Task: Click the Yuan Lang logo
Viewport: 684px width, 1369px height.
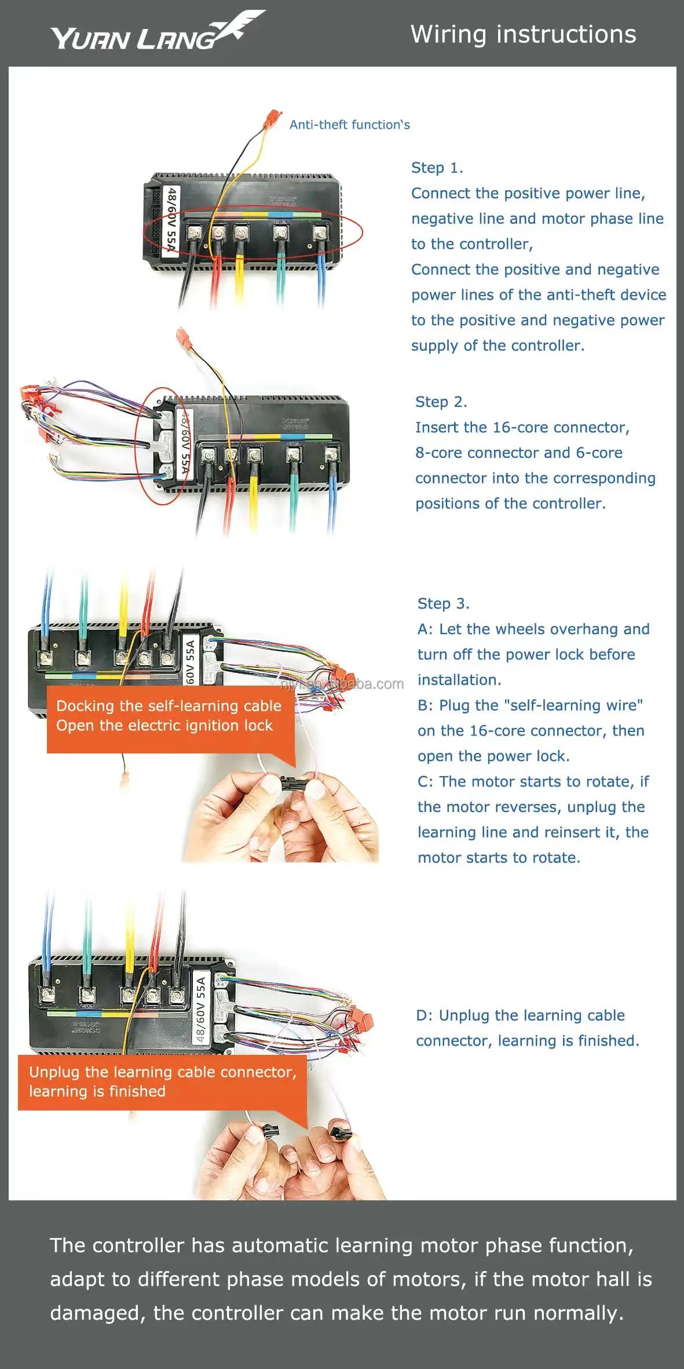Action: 156,32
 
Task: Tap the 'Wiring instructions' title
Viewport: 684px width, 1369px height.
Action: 523,34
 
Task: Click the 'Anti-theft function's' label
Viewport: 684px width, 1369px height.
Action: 349,125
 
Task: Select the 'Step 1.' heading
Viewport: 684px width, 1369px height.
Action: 437,168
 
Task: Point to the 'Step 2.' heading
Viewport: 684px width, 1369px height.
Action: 441,402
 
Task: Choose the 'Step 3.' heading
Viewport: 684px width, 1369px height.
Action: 443,604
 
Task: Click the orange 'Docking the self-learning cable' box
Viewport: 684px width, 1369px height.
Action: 169,716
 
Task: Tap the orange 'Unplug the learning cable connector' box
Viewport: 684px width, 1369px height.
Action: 162,1082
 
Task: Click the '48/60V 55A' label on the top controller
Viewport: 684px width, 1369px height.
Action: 171,220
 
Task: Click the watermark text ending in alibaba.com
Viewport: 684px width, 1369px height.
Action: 342,684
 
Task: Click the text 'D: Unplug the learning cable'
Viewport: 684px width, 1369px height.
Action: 520,1015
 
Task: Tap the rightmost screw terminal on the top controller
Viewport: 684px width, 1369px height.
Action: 320,234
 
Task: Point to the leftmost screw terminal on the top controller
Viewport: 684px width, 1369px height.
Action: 194,234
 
